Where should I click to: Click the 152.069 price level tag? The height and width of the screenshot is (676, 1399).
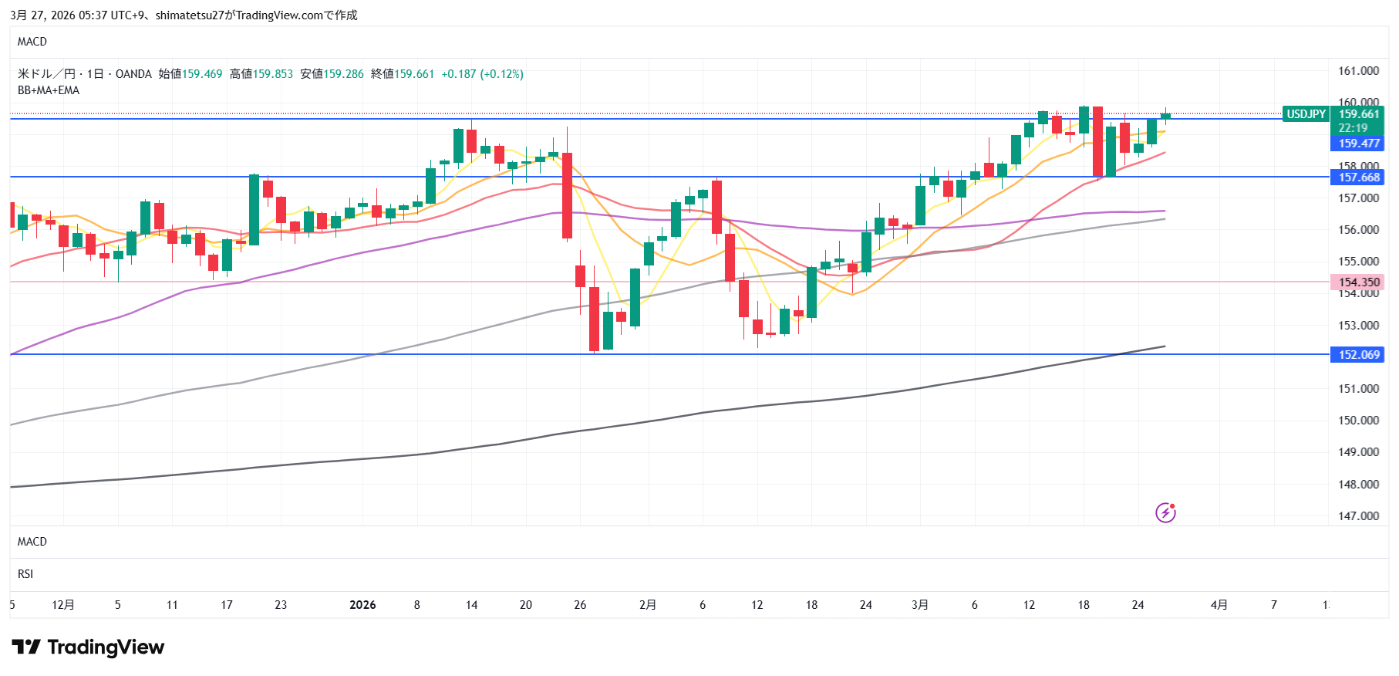click(1358, 355)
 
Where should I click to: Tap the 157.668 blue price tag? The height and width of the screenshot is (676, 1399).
click(1358, 177)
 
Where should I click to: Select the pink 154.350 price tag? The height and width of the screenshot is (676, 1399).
click(1358, 282)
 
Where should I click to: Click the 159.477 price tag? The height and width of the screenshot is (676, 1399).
click(1358, 144)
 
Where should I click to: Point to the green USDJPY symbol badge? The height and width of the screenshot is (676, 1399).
click(1306, 114)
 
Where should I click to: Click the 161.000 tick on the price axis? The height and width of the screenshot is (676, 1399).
click(1358, 71)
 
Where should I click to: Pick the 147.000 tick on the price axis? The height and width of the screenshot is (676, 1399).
click(1358, 516)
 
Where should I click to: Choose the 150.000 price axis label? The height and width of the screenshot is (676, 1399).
click(1358, 421)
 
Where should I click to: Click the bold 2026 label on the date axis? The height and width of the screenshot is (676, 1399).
click(362, 605)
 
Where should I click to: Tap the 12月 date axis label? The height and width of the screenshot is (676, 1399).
click(63, 605)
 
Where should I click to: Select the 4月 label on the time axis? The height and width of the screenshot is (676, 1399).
click(1219, 605)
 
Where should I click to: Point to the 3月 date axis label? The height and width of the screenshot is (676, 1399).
click(919, 605)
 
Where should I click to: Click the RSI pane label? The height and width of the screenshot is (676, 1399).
click(25, 574)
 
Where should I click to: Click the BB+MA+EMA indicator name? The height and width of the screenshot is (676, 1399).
click(49, 90)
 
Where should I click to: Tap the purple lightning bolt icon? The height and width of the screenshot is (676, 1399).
click(1165, 512)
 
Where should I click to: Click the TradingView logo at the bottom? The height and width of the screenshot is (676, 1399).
click(88, 647)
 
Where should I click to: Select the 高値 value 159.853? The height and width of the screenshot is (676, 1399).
click(273, 74)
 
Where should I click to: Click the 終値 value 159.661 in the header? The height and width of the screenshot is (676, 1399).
click(414, 74)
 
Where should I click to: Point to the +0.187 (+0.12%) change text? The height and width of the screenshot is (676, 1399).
click(482, 74)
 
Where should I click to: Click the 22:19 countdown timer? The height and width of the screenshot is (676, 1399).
click(1353, 128)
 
